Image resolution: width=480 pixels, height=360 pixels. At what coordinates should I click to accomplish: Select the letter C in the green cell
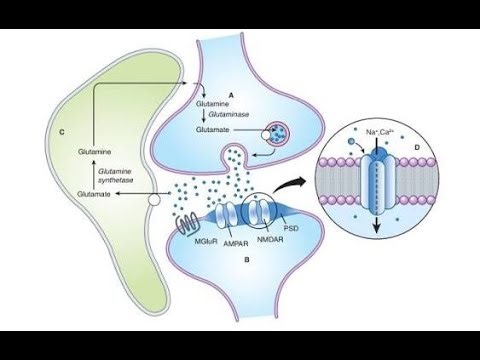click(x=63, y=132)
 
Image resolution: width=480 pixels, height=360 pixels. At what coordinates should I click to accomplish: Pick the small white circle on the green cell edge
click(x=153, y=201)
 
